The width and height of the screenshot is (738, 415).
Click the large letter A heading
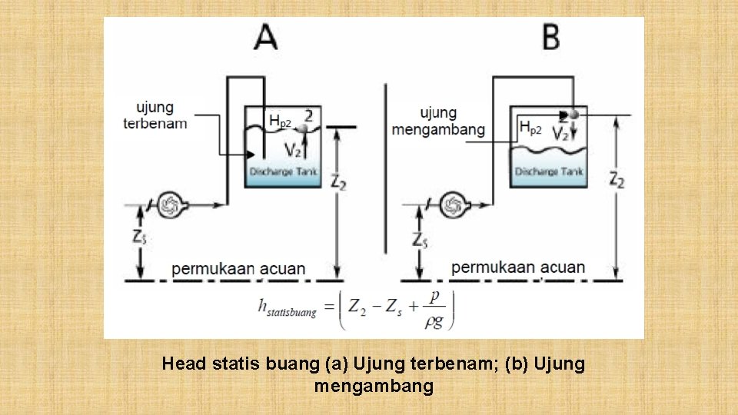click(266, 37)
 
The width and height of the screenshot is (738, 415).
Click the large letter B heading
click(550, 37)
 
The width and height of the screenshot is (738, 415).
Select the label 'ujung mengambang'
click(438, 121)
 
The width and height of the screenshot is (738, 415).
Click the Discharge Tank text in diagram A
click(283, 171)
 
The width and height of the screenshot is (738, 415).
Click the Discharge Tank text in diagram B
click(548, 171)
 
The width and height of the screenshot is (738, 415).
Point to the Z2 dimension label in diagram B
click(617, 180)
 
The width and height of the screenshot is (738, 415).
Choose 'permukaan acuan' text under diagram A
click(238, 269)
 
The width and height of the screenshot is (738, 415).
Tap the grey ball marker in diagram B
click(573, 114)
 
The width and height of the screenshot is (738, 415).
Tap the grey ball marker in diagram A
click(304, 130)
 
